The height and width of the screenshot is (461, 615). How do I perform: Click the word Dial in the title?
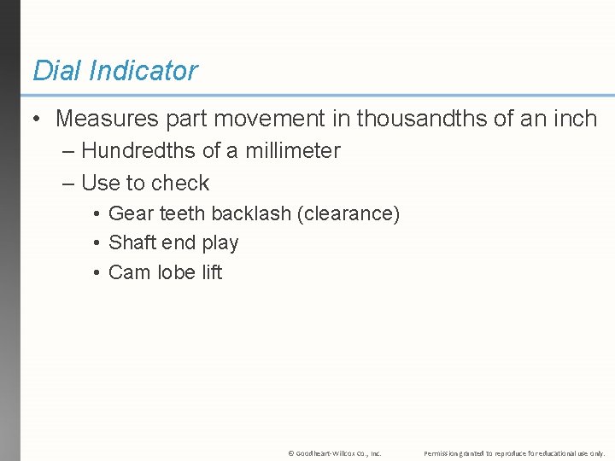(x=55, y=70)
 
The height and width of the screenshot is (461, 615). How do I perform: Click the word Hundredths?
(x=138, y=151)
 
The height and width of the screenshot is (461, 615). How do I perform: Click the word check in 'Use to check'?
(x=180, y=184)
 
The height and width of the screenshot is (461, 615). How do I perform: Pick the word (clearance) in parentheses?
(x=348, y=213)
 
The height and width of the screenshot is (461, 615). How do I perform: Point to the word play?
(x=220, y=243)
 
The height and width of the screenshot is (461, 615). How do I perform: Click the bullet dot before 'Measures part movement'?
(x=37, y=120)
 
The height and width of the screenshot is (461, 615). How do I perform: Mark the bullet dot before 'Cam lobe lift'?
(x=98, y=273)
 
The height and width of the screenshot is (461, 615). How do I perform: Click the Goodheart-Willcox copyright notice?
(x=334, y=452)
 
